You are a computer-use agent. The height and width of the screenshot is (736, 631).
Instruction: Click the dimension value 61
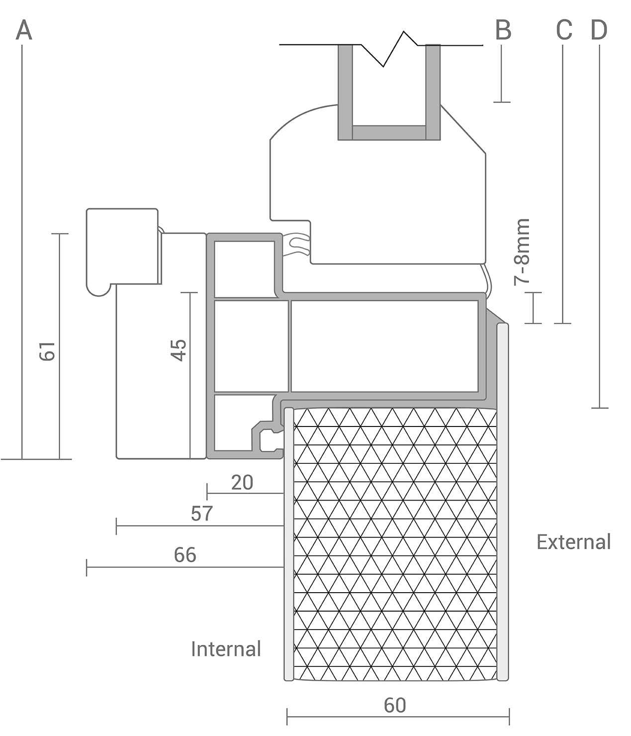47,351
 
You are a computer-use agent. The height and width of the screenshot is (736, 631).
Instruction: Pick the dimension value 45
179,350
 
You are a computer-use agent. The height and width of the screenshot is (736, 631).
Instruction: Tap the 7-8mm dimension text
522,252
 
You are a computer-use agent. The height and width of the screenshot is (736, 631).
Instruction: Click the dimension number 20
242,483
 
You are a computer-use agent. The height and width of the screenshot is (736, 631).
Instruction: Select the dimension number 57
202,514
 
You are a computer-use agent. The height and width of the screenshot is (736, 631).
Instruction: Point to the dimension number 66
185,555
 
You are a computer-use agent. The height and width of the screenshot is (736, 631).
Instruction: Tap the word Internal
226,649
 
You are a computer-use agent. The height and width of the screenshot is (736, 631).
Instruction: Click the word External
574,542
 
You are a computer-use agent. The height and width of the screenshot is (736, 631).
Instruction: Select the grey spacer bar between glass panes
389,132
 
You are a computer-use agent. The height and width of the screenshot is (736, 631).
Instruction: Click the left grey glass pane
345,92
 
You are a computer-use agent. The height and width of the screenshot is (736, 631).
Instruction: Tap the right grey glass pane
433,92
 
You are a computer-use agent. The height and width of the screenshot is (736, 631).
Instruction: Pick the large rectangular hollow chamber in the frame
385,346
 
